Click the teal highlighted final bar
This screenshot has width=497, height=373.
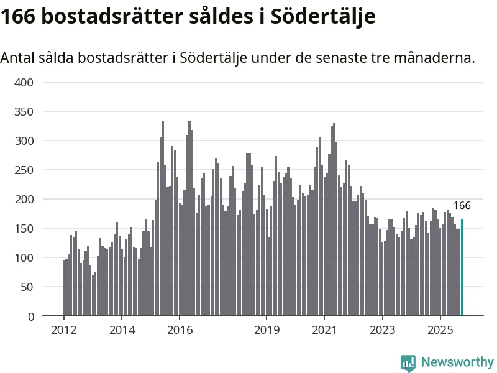point(462,267)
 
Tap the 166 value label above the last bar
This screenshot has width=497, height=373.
point(462,206)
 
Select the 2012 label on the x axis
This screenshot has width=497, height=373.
point(63,329)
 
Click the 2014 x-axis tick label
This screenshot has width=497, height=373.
point(122,329)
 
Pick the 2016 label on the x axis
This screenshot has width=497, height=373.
point(180,329)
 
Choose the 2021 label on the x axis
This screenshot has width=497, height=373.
point(324,329)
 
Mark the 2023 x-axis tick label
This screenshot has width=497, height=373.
point(382,329)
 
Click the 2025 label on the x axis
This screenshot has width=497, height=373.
point(440,329)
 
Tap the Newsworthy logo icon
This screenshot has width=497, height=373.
point(408,362)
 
